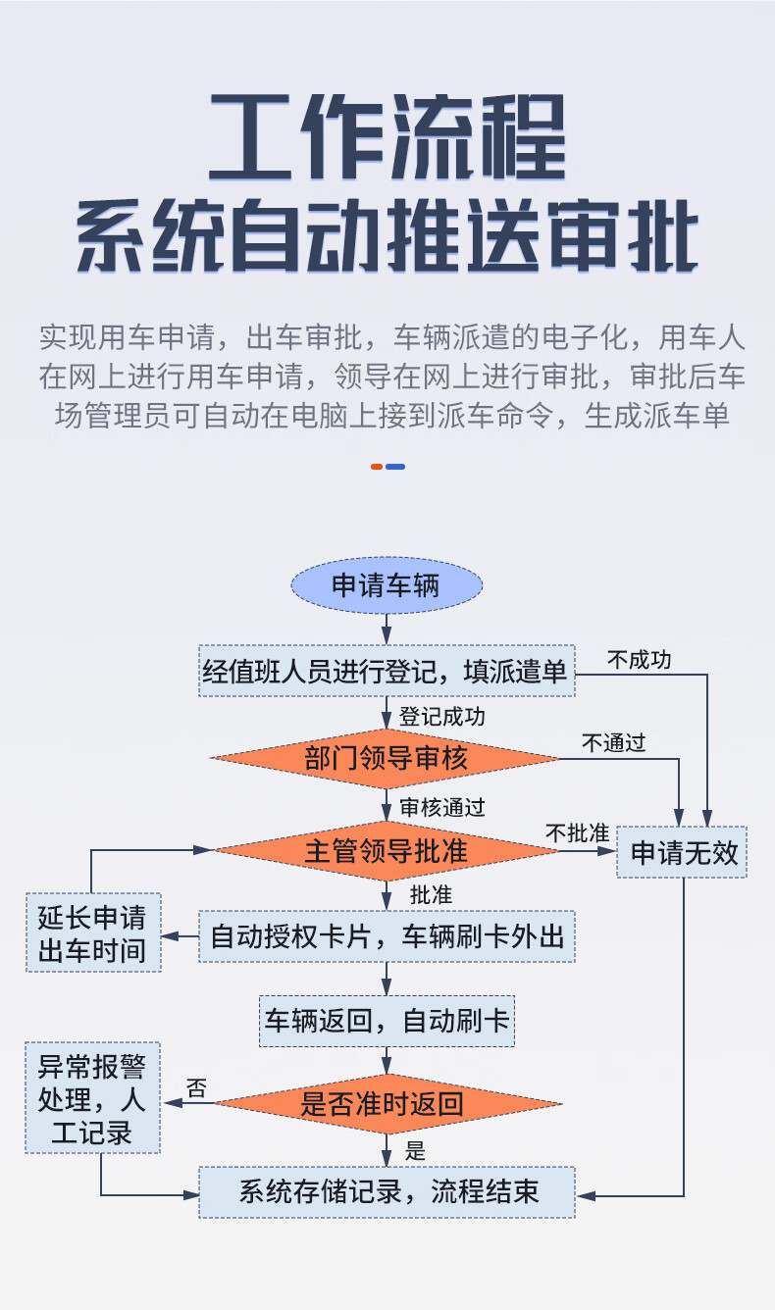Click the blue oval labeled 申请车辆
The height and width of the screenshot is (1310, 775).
coord(387,586)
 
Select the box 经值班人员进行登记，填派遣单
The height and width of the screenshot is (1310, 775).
coord(386,671)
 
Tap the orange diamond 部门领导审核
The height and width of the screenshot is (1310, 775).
coord(386,757)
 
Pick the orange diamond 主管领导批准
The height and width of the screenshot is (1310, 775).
coord(386,850)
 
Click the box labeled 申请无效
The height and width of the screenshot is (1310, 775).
coord(683,851)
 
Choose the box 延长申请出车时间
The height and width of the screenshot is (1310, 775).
coord(93,932)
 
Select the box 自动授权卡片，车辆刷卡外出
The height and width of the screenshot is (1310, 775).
coord(387,936)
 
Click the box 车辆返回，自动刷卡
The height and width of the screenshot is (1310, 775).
coord(387,1021)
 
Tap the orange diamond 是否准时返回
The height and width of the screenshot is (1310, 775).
coord(387,1104)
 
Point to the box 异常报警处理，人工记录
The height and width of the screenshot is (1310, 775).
coord(92,1098)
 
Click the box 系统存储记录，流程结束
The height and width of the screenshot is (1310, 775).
coord(387,1192)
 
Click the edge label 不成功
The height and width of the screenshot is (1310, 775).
coord(639,660)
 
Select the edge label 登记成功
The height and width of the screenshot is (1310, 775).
coord(441,717)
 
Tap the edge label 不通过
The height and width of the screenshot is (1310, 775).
coord(613,743)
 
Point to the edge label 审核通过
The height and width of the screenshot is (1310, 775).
coord(441,808)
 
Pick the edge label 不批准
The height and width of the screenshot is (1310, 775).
coord(577,833)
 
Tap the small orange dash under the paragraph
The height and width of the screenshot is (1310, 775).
coord(376,467)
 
